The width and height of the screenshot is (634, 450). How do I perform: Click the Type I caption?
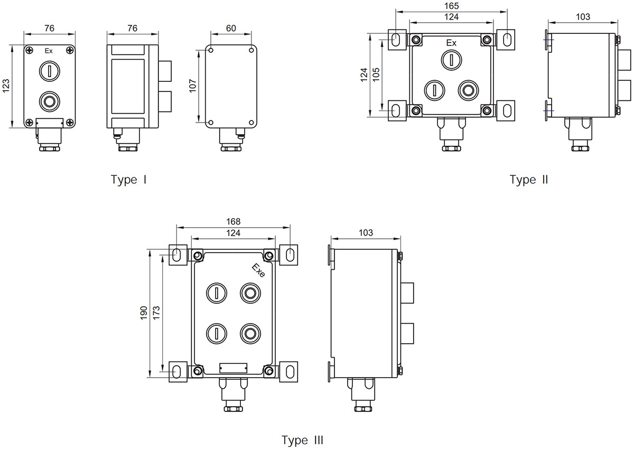(128, 180)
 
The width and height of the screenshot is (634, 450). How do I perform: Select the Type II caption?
(529, 180)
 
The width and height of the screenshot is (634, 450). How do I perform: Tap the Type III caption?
(302, 440)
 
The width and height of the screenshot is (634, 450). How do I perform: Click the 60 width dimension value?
(231, 28)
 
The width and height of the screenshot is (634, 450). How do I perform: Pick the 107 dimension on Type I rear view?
(193, 86)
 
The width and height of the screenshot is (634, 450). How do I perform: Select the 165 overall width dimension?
(452, 6)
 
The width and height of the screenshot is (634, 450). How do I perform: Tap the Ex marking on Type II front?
(451, 42)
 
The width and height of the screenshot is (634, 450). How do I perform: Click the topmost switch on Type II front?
(451, 59)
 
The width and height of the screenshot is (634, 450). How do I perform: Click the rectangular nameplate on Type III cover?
(233, 368)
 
